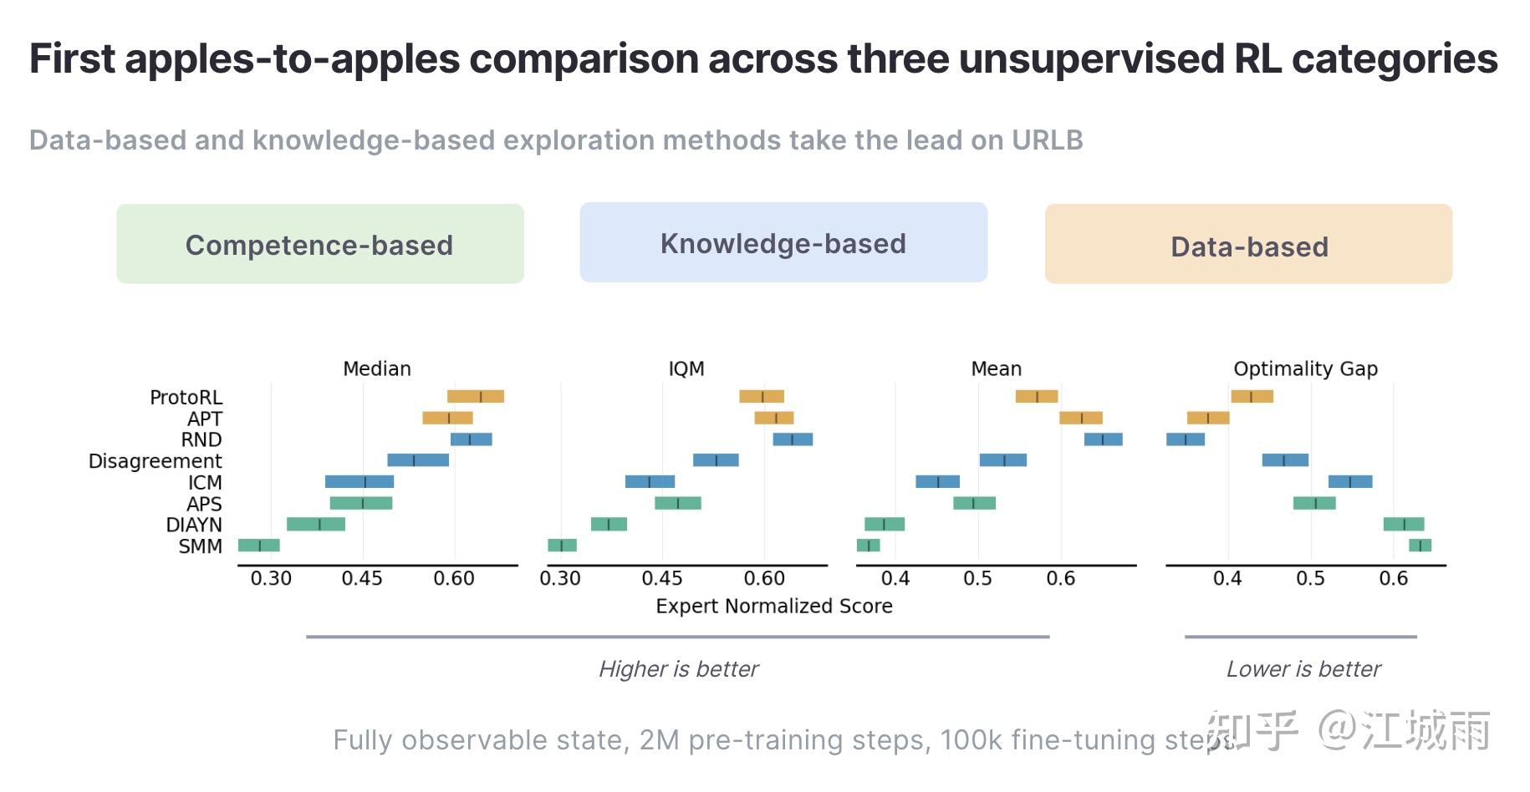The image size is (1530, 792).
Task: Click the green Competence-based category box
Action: pos(319,244)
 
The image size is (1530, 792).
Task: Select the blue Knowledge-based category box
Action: pos(783,242)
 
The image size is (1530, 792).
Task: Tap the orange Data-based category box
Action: pos(1248,244)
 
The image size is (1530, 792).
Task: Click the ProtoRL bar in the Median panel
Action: pos(475,397)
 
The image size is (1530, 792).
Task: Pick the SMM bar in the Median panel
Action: pos(258,546)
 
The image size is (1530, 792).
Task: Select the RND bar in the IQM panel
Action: pos(793,439)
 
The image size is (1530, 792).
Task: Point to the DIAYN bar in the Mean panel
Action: pos(884,525)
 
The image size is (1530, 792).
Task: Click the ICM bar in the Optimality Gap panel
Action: pos(1349,482)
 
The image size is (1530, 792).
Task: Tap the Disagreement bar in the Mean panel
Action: pos(1002,460)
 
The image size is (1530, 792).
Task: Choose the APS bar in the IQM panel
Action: pos(677,503)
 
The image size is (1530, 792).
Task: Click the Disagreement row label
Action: pos(156,461)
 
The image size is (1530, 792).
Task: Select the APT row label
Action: pos(205,419)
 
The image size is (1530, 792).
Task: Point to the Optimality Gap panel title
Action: pos(1305,368)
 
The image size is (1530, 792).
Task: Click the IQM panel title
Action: pos(686,368)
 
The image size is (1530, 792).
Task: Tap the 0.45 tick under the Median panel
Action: pos(362,578)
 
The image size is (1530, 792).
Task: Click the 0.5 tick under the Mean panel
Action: pos(977,578)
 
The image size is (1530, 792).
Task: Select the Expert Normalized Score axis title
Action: pos(773,606)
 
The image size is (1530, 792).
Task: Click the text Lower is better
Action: pos(1303,669)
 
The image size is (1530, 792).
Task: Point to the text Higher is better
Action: pos(678,669)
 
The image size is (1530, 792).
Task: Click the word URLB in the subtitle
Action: pos(1047,140)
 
